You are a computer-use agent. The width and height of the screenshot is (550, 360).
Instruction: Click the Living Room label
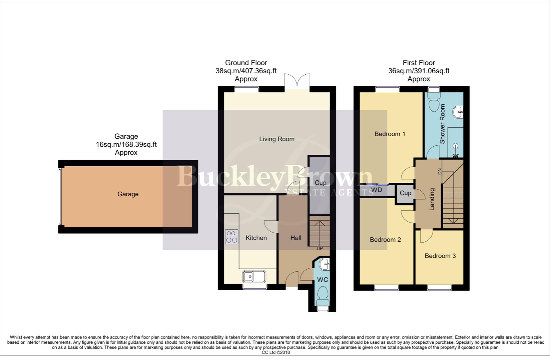(x=277, y=139)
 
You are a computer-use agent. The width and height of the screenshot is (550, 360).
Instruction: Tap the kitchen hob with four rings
(x=231, y=237)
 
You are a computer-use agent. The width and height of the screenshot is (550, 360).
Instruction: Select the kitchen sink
(x=254, y=276)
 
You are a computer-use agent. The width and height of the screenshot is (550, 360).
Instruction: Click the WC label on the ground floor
(x=322, y=280)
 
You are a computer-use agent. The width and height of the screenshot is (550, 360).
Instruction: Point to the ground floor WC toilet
(x=323, y=296)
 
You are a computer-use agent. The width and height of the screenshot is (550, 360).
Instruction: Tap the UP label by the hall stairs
(x=320, y=249)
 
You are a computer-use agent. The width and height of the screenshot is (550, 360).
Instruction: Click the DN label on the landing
(x=439, y=171)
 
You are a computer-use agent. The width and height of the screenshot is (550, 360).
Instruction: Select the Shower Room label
(x=442, y=124)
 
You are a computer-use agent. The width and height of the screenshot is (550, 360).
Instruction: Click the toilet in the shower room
(x=434, y=102)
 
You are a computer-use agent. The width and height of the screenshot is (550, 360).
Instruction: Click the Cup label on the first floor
(x=405, y=193)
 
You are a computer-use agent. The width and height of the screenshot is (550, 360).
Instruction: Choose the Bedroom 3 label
(x=440, y=256)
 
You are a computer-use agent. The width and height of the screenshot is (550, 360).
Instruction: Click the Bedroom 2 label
(x=385, y=240)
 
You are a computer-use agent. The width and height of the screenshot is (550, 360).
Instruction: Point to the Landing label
(x=432, y=199)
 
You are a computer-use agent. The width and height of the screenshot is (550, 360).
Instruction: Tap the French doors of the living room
(x=297, y=81)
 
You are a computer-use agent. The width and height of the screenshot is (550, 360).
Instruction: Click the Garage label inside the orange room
(x=128, y=194)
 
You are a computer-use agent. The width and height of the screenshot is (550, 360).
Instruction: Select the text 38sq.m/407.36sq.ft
(x=246, y=71)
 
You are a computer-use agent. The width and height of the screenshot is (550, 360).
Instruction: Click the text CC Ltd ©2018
(x=276, y=352)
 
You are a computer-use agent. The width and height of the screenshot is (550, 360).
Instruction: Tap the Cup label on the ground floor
(x=320, y=183)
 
